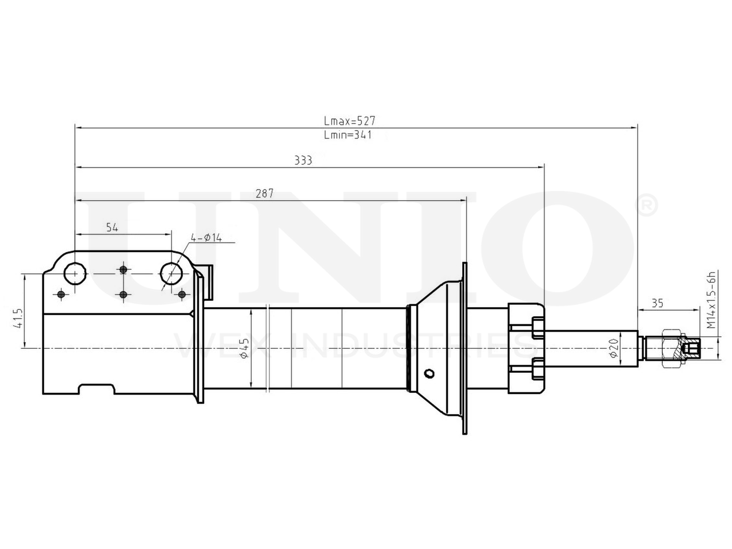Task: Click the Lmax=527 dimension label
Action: click(349, 120)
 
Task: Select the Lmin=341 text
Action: click(348, 134)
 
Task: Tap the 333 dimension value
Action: click(303, 160)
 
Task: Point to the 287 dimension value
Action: click(264, 193)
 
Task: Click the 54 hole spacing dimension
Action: click(112, 228)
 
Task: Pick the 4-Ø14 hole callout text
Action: click(206, 238)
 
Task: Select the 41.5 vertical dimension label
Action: click(18, 319)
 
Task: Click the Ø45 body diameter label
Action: click(244, 348)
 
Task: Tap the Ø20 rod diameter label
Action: click(614, 348)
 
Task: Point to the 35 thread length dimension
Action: click(657, 303)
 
